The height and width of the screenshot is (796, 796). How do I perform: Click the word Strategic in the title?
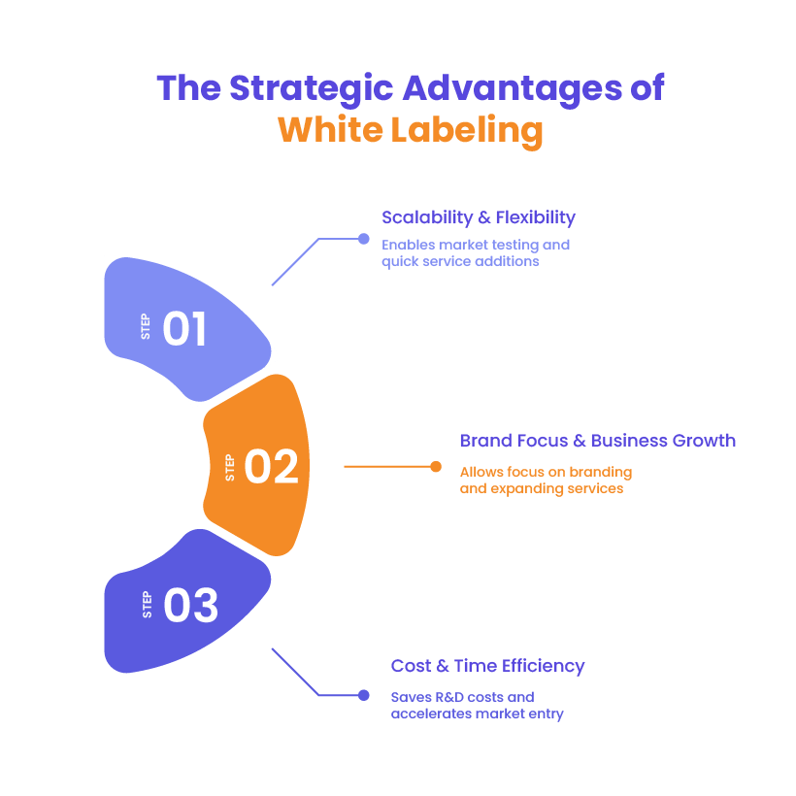click(x=312, y=88)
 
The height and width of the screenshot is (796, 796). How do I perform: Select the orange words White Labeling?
click(x=410, y=129)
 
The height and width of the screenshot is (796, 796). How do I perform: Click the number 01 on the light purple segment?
click(x=184, y=329)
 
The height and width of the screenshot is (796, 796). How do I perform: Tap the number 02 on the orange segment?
click(x=271, y=467)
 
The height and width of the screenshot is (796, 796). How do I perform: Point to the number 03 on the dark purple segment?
click(x=190, y=606)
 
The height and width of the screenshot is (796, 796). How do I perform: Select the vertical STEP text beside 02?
click(x=230, y=467)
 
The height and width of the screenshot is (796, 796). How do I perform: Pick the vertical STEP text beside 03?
click(x=148, y=606)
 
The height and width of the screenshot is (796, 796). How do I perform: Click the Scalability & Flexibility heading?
click(x=478, y=216)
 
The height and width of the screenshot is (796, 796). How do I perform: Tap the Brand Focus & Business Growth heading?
click(x=596, y=441)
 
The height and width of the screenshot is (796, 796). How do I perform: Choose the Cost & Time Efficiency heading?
click(x=487, y=666)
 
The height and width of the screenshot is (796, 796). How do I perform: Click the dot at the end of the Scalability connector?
click(x=364, y=239)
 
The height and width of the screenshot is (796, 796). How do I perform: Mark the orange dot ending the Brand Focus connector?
click(x=436, y=466)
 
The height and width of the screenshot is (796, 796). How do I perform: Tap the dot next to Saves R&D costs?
click(x=364, y=695)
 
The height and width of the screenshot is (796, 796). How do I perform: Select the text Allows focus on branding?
click(x=546, y=473)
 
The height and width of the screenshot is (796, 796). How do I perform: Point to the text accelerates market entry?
click(x=477, y=713)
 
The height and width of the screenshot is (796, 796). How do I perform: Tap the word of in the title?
click(x=647, y=88)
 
